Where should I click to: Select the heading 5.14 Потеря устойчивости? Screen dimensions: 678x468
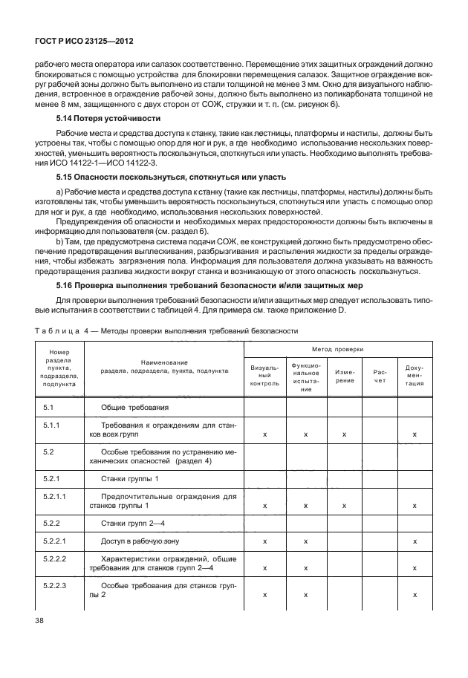tap(108, 118)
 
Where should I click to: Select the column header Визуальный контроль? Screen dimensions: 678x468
tap(264, 375)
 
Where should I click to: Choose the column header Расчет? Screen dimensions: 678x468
tap(380, 375)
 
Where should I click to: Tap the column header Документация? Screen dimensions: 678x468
tap(415, 375)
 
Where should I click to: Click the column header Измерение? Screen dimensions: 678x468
tap(344, 375)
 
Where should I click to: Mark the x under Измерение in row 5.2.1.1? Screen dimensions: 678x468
tap(344, 506)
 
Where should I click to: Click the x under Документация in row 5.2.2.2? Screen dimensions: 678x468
tap(415, 568)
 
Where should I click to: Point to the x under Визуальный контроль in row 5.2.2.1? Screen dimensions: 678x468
tap(264, 542)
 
